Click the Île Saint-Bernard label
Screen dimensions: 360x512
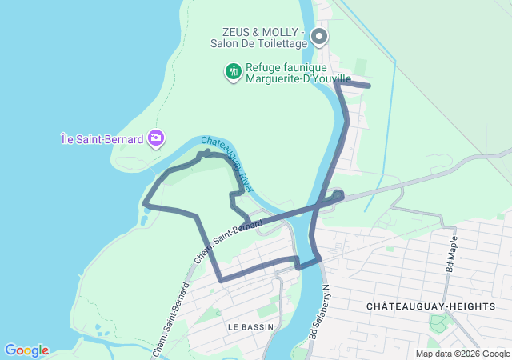point(102,138)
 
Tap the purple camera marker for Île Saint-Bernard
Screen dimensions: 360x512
point(156,138)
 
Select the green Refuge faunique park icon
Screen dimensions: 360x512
point(233,71)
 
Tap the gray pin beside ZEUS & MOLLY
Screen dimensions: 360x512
point(319,36)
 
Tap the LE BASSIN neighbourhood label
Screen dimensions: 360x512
point(250,326)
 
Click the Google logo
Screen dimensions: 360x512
point(26,350)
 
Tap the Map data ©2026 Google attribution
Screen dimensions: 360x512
point(462,354)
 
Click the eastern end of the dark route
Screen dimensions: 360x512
point(369,86)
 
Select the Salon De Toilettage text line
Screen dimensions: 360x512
point(263,44)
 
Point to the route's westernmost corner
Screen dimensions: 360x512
point(145,204)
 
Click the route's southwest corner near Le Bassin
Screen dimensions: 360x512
point(221,280)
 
